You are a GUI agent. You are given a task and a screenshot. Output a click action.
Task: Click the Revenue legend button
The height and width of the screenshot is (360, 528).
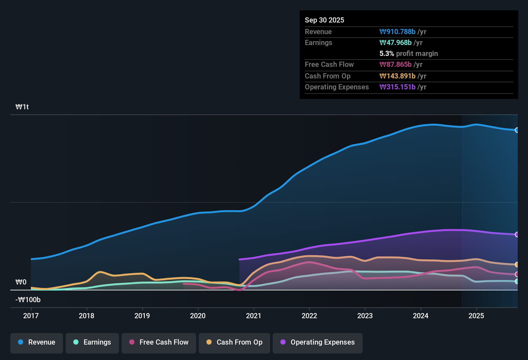pos(37,342)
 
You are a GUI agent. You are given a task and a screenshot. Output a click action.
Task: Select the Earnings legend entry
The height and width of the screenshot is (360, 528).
pos(92,342)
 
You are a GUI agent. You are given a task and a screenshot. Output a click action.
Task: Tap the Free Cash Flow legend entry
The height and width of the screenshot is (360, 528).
pos(159,342)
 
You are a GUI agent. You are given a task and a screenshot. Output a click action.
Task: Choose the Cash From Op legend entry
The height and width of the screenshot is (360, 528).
pos(234,342)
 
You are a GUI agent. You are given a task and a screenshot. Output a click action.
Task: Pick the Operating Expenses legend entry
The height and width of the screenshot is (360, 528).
pos(318,342)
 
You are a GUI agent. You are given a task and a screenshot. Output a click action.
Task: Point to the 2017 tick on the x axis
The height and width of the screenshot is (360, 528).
pos(31,316)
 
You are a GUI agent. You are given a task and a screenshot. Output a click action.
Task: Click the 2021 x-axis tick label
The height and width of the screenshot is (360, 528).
pos(254,316)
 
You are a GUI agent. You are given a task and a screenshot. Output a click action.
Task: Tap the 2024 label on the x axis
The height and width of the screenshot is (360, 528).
pos(421,316)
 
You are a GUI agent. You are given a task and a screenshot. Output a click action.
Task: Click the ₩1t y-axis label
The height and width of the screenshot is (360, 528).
pos(22,107)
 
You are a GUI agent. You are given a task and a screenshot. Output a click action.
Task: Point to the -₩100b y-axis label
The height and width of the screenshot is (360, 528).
pos(28,300)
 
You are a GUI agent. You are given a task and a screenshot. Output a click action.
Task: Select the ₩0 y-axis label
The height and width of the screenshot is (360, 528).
pos(21,282)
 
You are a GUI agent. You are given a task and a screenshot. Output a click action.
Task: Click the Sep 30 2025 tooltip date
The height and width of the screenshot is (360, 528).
pos(324,20)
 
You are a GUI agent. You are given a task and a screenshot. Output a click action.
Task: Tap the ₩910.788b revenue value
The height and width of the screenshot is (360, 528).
pos(397,32)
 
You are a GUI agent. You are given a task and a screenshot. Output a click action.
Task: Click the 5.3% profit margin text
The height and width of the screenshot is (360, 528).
pos(409,53)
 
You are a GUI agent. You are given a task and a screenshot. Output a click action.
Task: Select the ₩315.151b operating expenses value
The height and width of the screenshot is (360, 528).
pos(397,87)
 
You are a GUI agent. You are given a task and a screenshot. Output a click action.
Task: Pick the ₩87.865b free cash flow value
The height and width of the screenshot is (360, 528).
pos(396,64)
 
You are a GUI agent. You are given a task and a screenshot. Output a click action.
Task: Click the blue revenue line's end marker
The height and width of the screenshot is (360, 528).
pos(517,130)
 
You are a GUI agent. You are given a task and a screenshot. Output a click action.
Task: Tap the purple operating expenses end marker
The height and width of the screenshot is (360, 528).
pos(517,235)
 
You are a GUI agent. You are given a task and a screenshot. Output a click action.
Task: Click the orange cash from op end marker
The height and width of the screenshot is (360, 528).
pos(517,265)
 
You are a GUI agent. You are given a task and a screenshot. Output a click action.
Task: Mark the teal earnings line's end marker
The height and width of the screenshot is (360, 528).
pos(517,281)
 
